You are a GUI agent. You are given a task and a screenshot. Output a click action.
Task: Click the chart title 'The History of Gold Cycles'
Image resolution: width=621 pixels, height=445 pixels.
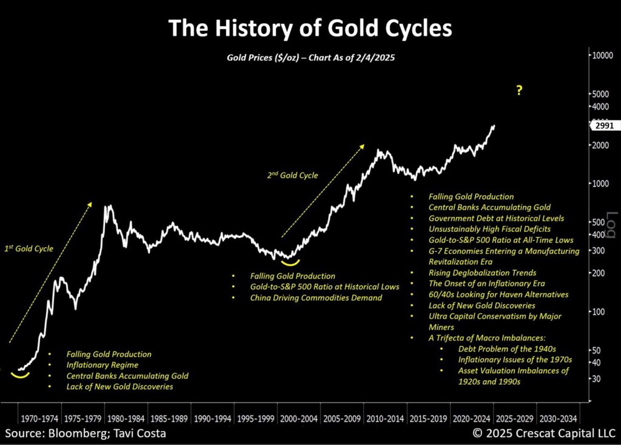pyautogui.click(x=310, y=28)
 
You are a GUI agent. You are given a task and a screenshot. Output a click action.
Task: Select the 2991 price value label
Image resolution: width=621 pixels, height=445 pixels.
pyautogui.click(x=603, y=125)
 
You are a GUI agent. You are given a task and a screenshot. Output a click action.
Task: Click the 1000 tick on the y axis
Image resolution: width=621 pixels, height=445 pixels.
pyautogui.click(x=600, y=183)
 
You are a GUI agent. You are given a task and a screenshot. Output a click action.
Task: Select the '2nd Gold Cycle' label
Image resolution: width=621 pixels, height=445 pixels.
pyautogui.click(x=292, y=175)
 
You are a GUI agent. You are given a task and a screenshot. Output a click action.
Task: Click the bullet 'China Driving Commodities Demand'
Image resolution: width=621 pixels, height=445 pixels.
pyautogui.click(x=307, y=297)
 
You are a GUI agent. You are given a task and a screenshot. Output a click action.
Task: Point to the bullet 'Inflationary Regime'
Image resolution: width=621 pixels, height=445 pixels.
pyautogui.click(x=102, y=365)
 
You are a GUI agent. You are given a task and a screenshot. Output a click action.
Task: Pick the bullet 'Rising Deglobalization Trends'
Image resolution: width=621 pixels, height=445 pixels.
pyautogui.click(x=482, y=273)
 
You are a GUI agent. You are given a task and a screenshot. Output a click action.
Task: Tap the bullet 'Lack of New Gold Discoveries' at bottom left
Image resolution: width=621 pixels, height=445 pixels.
pyautogui.click(x=119, y=387)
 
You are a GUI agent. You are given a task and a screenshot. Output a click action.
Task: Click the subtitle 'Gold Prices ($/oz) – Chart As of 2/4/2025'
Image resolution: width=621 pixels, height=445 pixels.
pyautogui.click(x=310, y=57)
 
